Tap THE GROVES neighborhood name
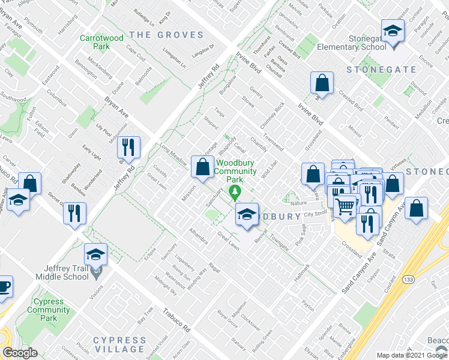(x=166, y=35)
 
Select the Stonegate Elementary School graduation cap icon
(x=393, y=31)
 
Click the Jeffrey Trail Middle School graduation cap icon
(x=95, y=255)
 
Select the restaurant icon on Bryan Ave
(x=128, y=147)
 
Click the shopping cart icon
(x=345, y=207)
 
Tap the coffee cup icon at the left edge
(x=4, y=287)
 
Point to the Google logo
(x=19, y=353)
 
